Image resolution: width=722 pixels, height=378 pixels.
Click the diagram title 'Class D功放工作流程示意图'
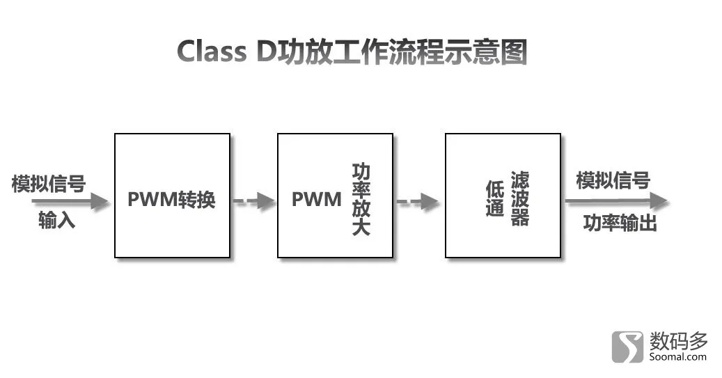pos(352,51)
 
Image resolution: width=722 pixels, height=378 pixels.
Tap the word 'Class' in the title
pos(212,51)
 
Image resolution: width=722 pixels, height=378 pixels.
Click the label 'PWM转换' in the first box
pos(171,199)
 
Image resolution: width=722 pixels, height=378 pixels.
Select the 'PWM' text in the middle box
pos(317,199)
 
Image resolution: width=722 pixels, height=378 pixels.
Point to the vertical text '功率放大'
pos(361,199)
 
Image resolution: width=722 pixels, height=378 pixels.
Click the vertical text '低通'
pos(495,198)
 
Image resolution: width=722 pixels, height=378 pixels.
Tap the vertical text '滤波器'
pos(520,198)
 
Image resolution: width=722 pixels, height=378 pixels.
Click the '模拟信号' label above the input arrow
pos(48,183)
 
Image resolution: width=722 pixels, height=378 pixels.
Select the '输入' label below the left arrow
pos(56,220)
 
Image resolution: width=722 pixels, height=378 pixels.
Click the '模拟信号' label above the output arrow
pos(613,180)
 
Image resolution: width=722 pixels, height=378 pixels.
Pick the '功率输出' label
pos(620,223)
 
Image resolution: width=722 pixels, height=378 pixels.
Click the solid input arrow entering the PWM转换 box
pos(70,201)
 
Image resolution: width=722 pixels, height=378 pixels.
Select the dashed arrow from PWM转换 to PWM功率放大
pos(254,201)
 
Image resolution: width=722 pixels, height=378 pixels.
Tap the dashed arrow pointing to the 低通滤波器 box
pos(418,201)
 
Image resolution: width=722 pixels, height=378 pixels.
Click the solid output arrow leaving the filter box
pos(617,200)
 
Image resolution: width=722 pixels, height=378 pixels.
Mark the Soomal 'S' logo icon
pos(627,347)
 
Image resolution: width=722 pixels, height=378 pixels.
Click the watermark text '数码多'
pos(678,341)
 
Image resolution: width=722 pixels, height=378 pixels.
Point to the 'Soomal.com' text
pos(678,357)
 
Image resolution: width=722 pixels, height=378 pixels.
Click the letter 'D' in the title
pos(266,51)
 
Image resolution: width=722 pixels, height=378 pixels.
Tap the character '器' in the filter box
pos(520,217)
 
